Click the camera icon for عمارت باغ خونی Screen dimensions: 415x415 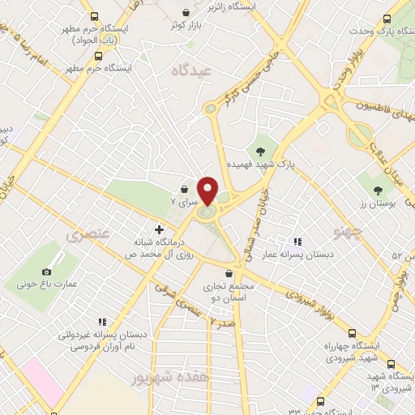pyautogui.click(x=46, y=272)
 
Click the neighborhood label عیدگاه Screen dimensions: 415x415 pyautogui.click(x=191, y=71)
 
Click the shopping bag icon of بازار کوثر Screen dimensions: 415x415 pyautogui.click(x=188, y=14)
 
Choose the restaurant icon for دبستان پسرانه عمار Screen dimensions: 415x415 pyautogui.click(x=297, y=241)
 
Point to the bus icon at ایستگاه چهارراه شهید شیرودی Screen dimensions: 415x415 pyautogui.click(x=352, y=332)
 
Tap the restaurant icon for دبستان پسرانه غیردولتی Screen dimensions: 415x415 pyautogui.click(x=101, y=321)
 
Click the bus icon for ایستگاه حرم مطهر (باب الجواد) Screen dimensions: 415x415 pyautogui.click(x=95, y=16)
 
